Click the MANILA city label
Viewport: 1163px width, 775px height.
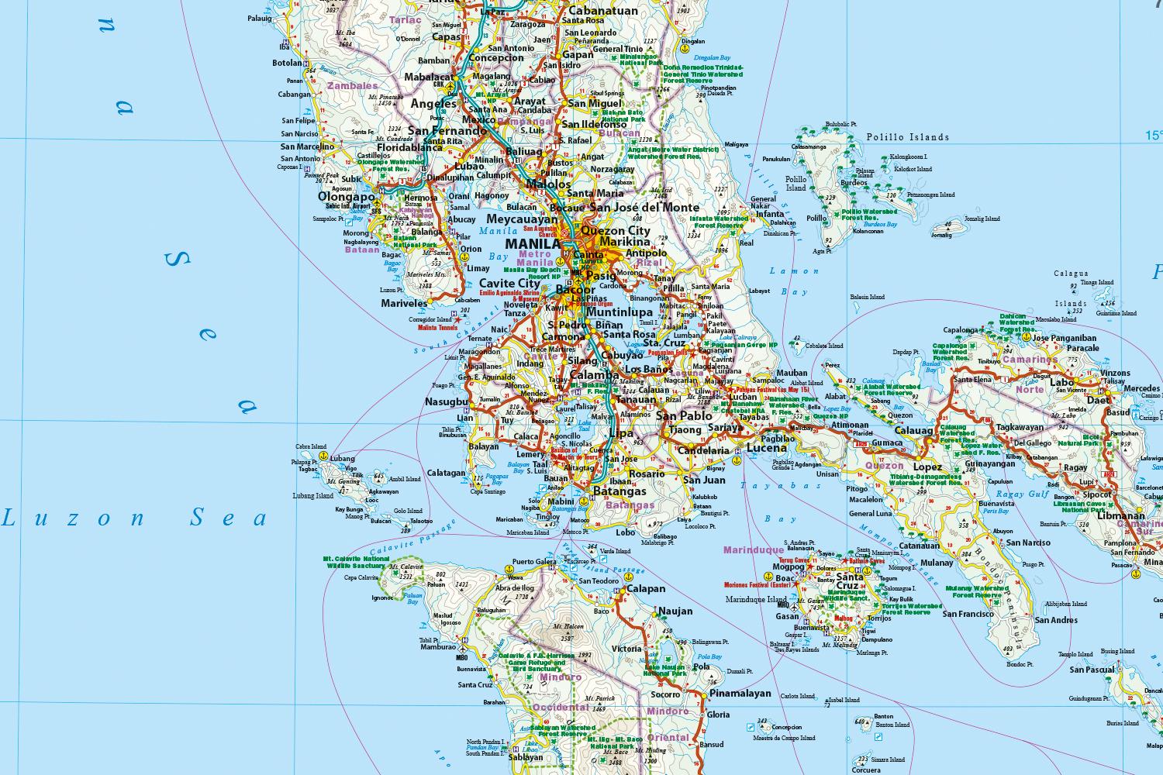point(532,244)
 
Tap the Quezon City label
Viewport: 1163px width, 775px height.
point(615,231)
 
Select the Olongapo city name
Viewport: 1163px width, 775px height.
point(346,197)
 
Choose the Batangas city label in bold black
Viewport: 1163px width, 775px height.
point(619,491)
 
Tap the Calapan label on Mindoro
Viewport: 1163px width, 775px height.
point(645,589)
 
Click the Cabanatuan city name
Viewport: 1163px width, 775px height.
point(602,11)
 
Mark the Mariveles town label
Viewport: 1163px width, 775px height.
point(404,304)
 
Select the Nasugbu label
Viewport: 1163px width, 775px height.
point(447,402)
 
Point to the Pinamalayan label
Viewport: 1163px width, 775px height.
point(740,694)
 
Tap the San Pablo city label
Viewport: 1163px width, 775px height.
point(684,416)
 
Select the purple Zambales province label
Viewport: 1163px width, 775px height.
point(352,86)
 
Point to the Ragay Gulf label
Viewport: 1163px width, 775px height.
point(1022,494)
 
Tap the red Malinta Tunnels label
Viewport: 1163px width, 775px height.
point(437,328)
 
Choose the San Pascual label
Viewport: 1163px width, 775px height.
point(1092,670)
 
